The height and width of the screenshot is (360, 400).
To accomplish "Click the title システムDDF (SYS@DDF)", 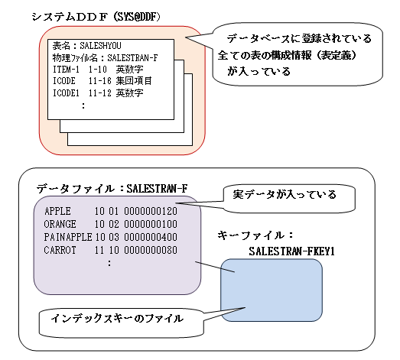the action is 96,17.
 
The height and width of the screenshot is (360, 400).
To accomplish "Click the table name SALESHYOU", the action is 100,46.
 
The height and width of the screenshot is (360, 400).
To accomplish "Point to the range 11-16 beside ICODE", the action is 100,81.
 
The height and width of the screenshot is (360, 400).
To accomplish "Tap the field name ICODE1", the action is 66,93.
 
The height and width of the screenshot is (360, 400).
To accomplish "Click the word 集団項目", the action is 134,81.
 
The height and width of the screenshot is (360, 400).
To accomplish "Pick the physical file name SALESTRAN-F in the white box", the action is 132,58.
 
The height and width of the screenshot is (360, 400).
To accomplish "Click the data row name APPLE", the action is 57,211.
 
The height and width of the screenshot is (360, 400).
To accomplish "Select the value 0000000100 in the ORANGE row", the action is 151,224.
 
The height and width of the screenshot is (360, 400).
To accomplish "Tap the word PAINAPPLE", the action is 68,237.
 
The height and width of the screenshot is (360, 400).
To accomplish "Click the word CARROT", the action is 60,250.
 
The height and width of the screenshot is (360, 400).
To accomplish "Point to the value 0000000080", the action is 151,250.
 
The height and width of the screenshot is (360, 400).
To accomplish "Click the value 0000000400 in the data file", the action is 151,237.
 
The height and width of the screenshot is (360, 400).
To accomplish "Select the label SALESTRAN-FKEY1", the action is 291,251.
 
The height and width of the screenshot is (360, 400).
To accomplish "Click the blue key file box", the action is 272,290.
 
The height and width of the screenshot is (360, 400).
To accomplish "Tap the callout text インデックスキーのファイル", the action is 117,319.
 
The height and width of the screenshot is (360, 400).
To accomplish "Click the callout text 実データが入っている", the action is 285,195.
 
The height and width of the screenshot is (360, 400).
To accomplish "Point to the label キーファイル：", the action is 255,235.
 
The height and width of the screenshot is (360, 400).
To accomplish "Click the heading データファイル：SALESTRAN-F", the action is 112,189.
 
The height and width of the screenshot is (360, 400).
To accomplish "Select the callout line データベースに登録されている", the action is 299,38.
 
